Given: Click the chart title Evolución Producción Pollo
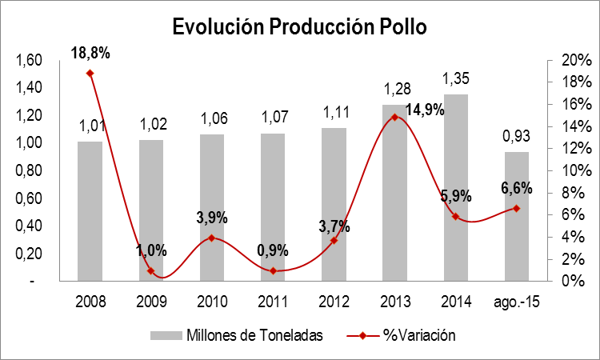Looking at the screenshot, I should tap(300, 27).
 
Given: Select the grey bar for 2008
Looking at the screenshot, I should tap(90, 211).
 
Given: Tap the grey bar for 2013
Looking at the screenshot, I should tap(394, 193).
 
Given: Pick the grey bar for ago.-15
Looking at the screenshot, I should tap(516, 216).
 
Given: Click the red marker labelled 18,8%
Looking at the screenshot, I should tap(90, 73).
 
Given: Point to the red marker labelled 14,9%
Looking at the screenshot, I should tap(394, 117).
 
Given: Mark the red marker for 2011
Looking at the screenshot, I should tap(273, 270).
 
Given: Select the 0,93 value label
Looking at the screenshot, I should tap(516, 137).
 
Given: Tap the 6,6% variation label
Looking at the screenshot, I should tap(517, 189).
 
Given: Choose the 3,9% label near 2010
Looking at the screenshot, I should tap(212, 218).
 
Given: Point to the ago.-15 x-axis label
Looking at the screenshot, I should tap(516, 303).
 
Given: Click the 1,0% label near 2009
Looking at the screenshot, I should tap(150, 250).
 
